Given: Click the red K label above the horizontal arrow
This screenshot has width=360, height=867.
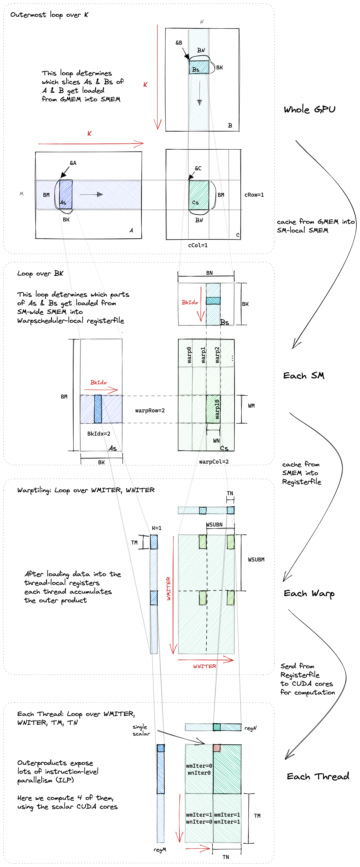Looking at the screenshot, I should (x=89, y=134).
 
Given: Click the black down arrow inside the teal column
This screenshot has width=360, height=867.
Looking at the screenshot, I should (x=199, y=93).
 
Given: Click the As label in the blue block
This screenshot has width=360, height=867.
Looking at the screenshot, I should (x=63, y=203).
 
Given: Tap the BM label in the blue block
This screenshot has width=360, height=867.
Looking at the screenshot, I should (x=46, y=195).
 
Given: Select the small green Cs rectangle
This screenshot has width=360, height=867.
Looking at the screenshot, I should (x=199, y=195).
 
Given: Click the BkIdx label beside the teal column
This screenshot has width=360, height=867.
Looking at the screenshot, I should (x=190, y=302).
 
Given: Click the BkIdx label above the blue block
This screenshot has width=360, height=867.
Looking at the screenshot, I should (x=99, y=382).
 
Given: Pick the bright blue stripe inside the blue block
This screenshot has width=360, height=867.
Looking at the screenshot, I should (x=98, y=409).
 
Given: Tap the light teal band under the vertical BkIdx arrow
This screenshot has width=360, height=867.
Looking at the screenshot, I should (x=213, y=300).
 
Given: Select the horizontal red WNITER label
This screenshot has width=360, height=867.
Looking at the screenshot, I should (x=205, y=666).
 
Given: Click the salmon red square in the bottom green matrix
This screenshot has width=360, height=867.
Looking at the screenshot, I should (x=217, y=748).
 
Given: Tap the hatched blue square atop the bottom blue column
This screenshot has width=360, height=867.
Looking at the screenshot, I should (x=161, y=748).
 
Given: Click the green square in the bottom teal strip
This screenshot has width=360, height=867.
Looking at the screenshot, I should (x=217, y=727).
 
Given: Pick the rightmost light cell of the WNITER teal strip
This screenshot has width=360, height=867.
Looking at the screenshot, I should (x=231, y=511).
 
